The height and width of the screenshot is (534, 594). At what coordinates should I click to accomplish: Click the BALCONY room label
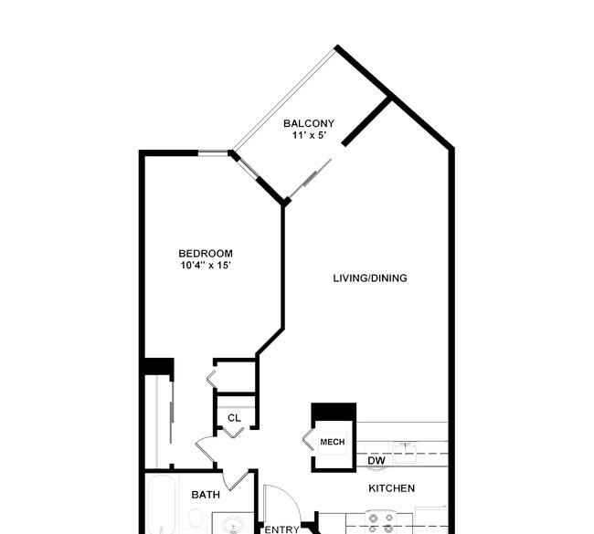(x=309, y=123)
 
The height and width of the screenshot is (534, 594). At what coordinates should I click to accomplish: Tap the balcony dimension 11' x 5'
(x=309, y=135)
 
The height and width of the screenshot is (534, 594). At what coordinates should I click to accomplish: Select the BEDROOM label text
(x=206, y=253)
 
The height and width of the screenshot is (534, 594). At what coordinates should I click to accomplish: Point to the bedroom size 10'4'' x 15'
(x=206, y=265)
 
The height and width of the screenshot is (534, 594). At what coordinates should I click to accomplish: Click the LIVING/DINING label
(x=370, y=278)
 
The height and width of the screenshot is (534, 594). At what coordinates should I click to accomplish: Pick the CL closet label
(x=234, y=418)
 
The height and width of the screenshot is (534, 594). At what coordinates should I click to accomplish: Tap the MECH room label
(x=333, y=442)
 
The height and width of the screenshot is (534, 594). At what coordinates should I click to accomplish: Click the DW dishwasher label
(x=377, y=460)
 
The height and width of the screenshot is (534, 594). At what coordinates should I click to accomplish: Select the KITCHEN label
(x=391, y=488)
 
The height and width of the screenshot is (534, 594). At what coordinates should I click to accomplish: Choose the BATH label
(x=206, y=495)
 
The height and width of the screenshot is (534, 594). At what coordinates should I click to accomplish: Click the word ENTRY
(x=281, y=529)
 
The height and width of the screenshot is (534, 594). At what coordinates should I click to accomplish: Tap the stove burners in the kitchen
(x=381, y=523)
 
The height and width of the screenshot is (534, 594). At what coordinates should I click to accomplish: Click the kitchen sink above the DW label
(x=406, y=453)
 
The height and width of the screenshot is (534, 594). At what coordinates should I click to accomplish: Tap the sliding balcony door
(x=311, y=178)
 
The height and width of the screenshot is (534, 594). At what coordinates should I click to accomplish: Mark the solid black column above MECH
(x=334, y=412)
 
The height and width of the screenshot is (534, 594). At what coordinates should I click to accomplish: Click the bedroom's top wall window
(x=213, y=152)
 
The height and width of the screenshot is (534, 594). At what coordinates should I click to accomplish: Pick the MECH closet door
(x=308, y=440)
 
